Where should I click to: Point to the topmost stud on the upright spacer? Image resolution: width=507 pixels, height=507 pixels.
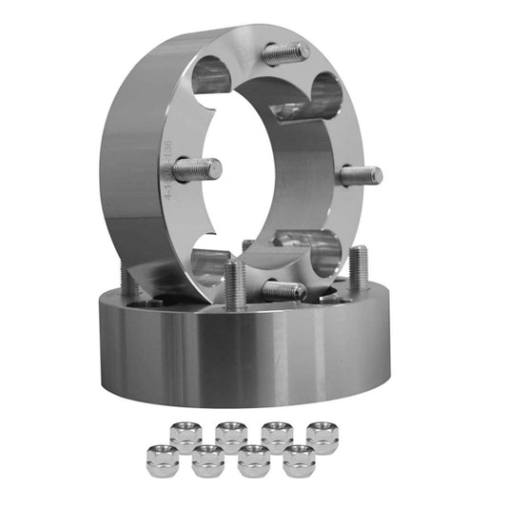click(284, 53)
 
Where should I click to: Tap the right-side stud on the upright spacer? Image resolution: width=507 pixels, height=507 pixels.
click(361, 175)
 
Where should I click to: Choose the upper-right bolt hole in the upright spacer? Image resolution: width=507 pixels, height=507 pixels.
click(324, 96)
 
